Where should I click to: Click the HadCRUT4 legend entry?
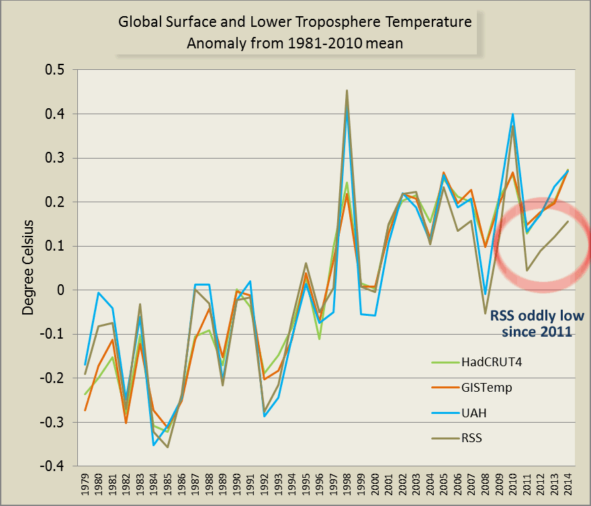click(482, 363)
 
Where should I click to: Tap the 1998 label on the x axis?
click(347, 486)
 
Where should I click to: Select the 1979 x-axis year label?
click(85, 486)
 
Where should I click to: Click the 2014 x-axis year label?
click(567, 486)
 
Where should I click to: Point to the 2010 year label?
click(512, 486)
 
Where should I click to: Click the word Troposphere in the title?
click(348, 22)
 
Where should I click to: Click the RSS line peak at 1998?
click(347, 90)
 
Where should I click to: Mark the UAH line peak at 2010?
click(512, 114)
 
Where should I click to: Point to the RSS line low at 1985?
click(168, 447)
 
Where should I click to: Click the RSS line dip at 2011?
click(527, 271)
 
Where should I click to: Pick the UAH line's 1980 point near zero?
click(99, 292)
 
